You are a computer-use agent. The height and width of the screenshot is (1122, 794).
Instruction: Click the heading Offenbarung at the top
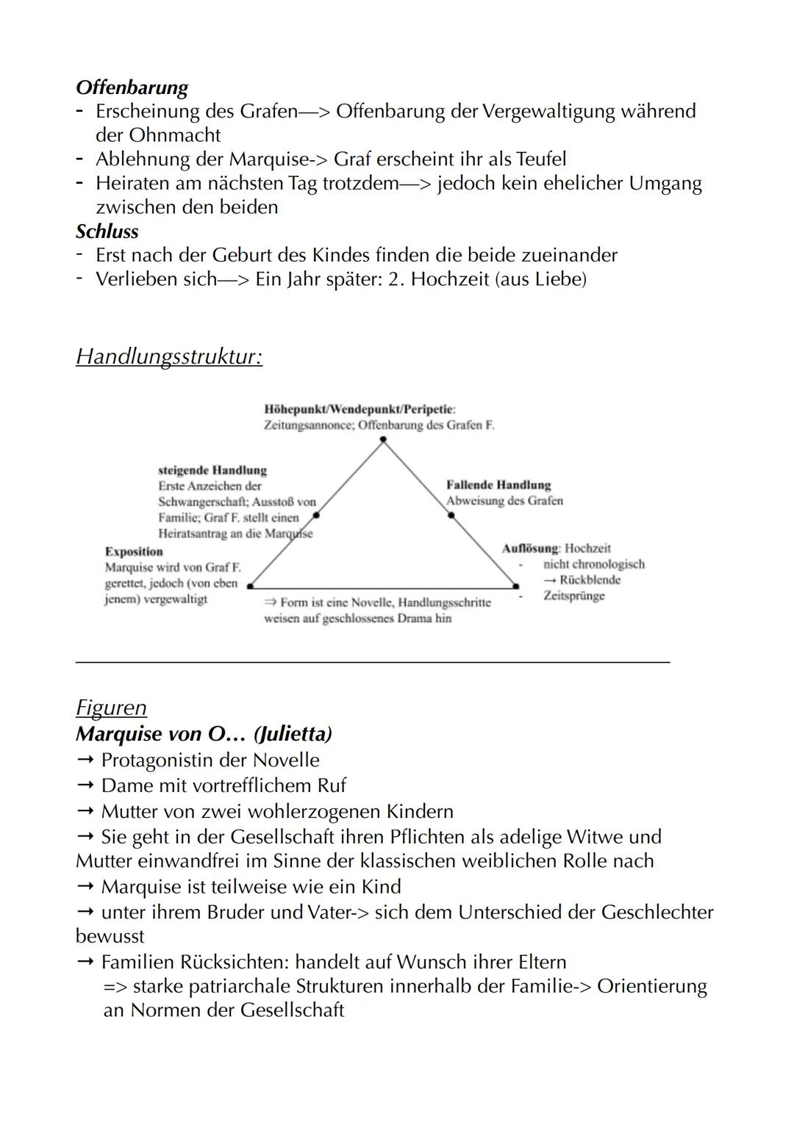pyautogui.click(x=132, y=87)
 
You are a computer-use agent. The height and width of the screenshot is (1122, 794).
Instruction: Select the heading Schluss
pyautogui.click(x=107, y=231)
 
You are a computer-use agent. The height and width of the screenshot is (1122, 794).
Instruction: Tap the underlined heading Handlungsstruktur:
pyautogui.click(x=169, y=356)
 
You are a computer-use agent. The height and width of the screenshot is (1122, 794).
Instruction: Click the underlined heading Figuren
pyautogui.click(x=111, y=708)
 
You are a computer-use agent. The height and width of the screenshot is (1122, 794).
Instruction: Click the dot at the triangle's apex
pyautogui.click(x=382, y=439)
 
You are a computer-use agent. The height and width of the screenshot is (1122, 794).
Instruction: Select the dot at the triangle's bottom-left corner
pyautogui.click(x=250, y=586)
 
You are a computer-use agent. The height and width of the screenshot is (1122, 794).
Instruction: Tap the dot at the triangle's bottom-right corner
pyautogui.click(x=515, y=586)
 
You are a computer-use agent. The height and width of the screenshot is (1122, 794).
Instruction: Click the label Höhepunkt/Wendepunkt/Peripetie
pyautogui.click(x=359, y=409)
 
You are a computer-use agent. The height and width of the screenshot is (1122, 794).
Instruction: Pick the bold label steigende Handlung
pyautogui.click(x=212, y=470)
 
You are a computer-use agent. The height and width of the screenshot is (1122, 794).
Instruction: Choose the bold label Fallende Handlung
pyautogui.click(x=498, y=485)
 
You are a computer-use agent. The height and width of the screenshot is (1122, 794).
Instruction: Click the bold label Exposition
pyautogui.click(x=134, y=552)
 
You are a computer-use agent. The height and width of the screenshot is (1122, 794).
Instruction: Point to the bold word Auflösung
pyautogui.click(x=529, y=548)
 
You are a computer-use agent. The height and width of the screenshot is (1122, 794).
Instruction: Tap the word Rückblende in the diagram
pyautogui.click(x=590, y=580)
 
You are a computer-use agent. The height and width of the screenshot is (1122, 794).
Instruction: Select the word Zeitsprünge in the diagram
pyautogui.click(x=573, y=595)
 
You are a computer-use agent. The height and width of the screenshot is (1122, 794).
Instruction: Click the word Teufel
pyautogui.click(x=541, y=159)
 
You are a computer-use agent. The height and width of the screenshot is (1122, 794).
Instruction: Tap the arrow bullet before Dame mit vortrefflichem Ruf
pyautogui.click(x=85, y=785)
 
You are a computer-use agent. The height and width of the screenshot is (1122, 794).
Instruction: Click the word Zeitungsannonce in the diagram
pyautogui.click(x=308, y=425)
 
